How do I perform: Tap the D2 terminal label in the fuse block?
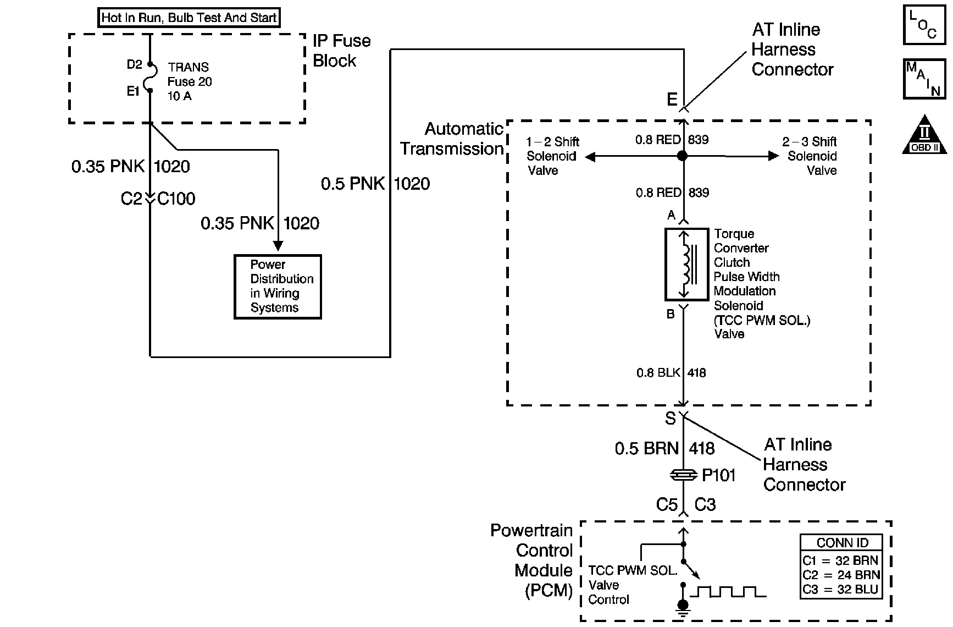point(134,65)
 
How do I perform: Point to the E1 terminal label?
point(134,91)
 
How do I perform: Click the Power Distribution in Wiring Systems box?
point(278,287)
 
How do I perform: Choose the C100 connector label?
point(176,199)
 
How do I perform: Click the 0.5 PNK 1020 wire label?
point(375,184)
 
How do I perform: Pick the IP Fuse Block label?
point(341,51)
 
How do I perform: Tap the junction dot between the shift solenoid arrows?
point(683,156)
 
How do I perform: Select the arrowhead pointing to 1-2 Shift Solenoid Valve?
point(590,157)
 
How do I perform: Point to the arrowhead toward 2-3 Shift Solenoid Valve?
point(774,156)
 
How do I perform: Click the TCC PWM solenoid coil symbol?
point(686,265)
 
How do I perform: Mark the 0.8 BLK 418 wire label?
point(671,373)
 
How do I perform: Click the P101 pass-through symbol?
point(683,475)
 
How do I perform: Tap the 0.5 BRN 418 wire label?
point(664,449)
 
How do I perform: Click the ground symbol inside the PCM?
point(683,607)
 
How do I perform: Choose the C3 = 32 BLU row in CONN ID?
point(841,590)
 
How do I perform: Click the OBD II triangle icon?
point(924,135)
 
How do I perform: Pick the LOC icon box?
point(925,25)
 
